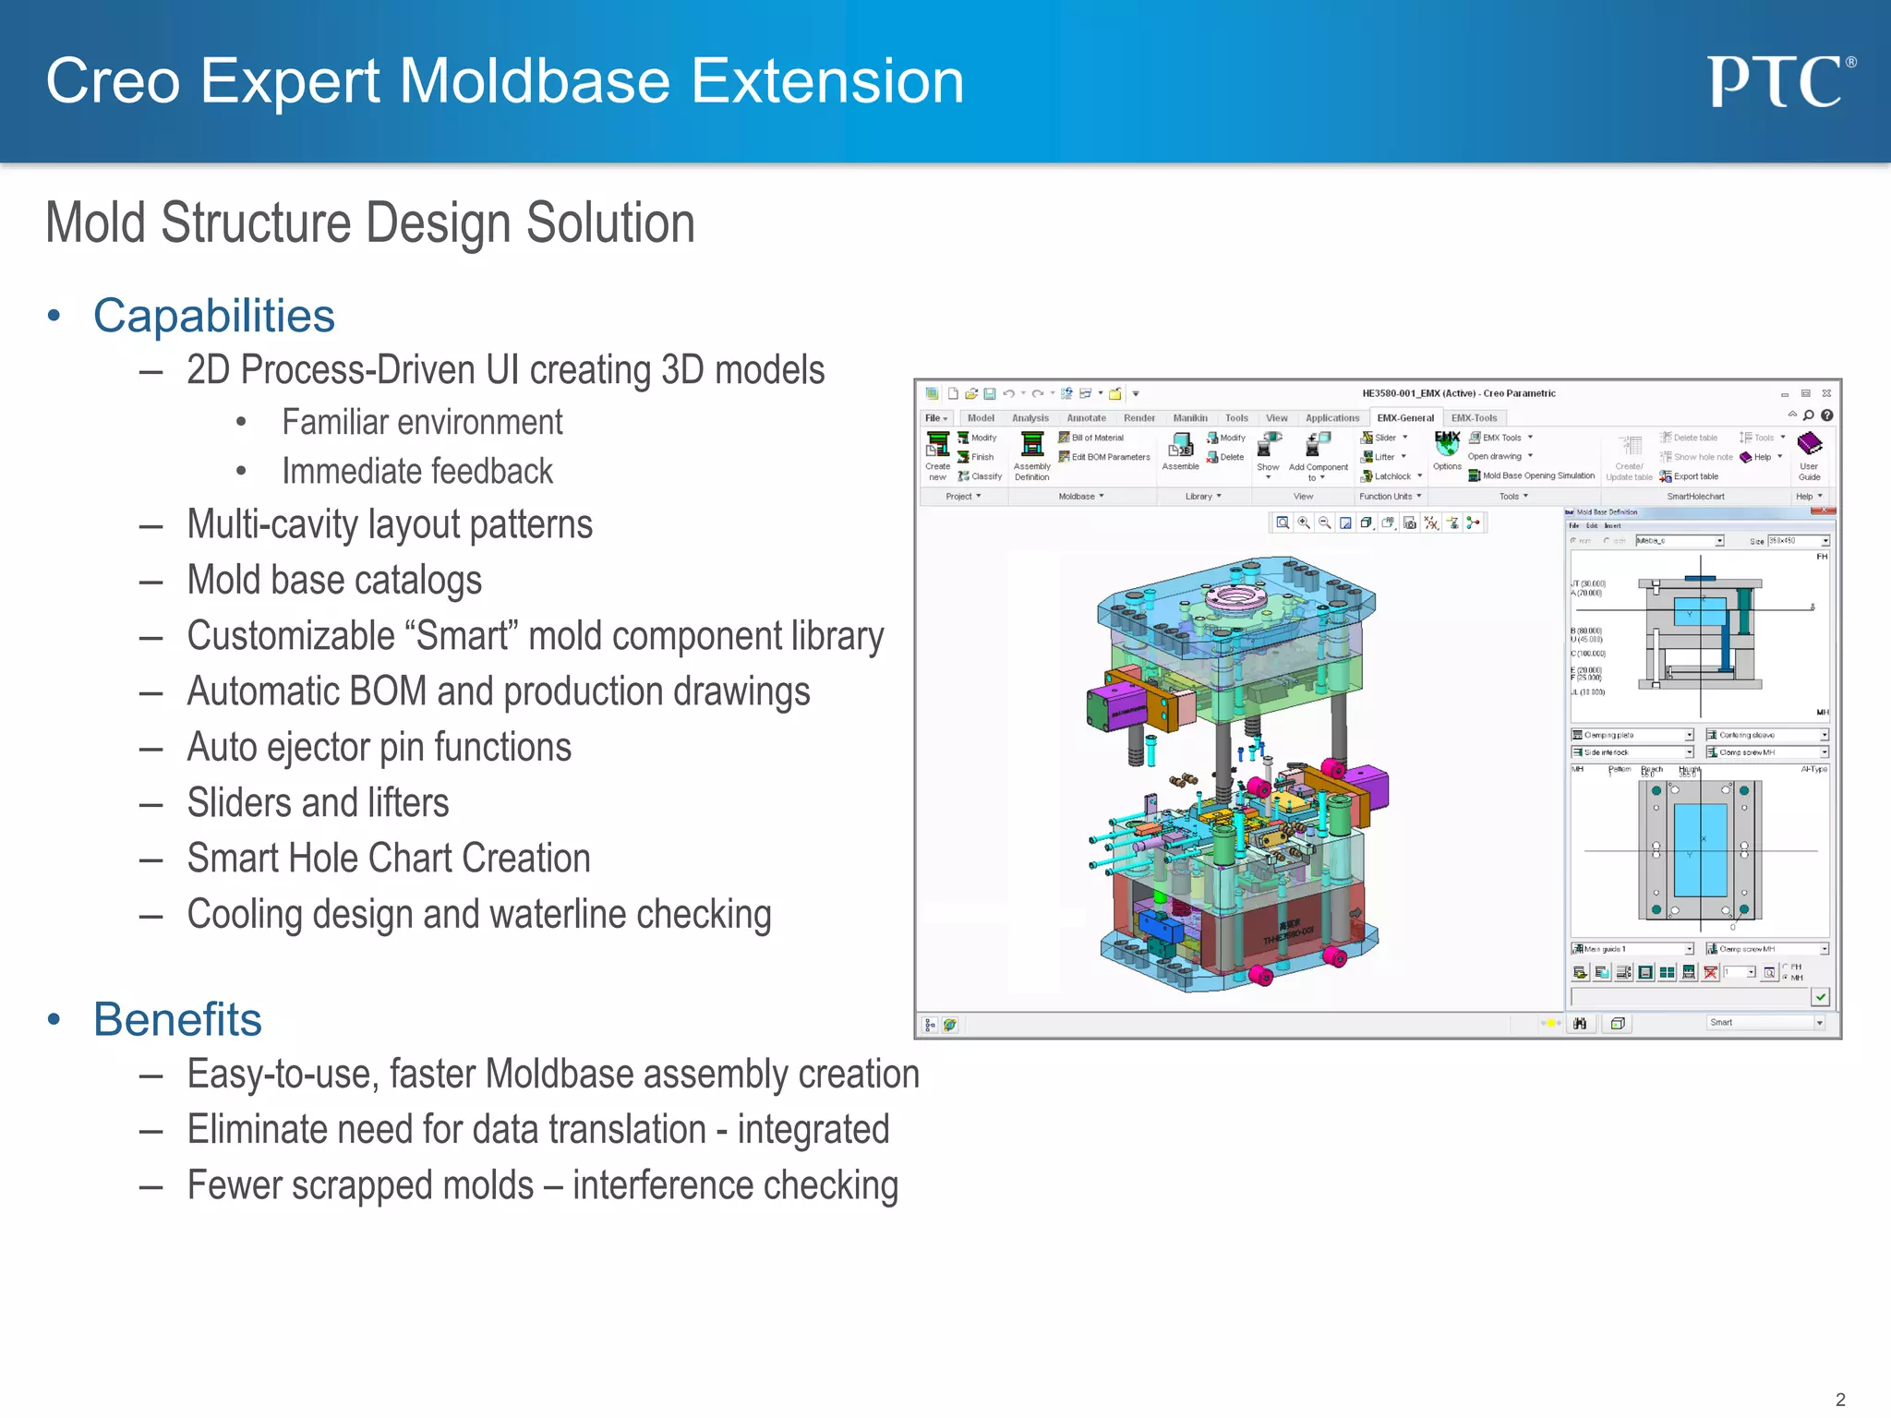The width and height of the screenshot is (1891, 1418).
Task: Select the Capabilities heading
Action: (x=213, y=316)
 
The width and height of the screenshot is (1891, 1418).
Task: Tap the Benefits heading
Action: (x=177, y=1020)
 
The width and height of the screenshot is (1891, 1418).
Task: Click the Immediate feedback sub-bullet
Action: (x=417, y=472)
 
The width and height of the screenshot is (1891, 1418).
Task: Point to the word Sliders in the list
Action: (x=239, y=803)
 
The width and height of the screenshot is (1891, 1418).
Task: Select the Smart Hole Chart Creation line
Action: (x=388, y=859)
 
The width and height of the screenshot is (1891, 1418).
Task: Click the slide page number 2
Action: (x=1839, y=1399)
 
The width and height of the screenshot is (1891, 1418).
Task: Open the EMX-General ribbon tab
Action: (x=1404, y=418)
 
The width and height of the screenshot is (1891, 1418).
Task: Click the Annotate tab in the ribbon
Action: (x=1086, y=418)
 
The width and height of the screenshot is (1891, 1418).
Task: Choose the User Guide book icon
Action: (x=1809, y=445)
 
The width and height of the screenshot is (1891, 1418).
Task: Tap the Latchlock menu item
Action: (x=1391, y=476)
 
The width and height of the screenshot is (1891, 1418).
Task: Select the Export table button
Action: (x=1694, y=476)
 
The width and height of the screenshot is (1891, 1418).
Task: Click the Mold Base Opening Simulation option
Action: (x=1537, y=476)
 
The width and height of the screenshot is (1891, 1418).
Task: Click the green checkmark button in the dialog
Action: (x=1820, y=997)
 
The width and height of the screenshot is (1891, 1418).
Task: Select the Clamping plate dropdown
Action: (x=1632, y=735)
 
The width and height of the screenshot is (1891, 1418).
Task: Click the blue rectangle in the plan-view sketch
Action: (x=1700, y=849)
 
